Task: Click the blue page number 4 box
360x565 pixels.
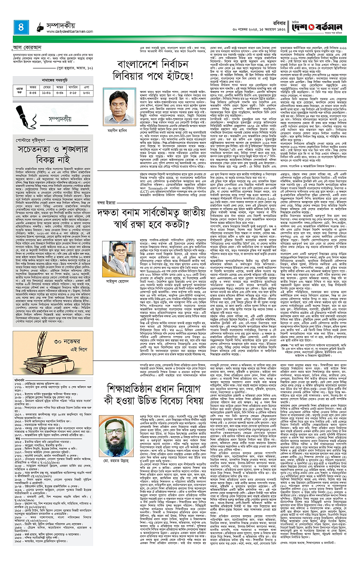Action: coord(21,28)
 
